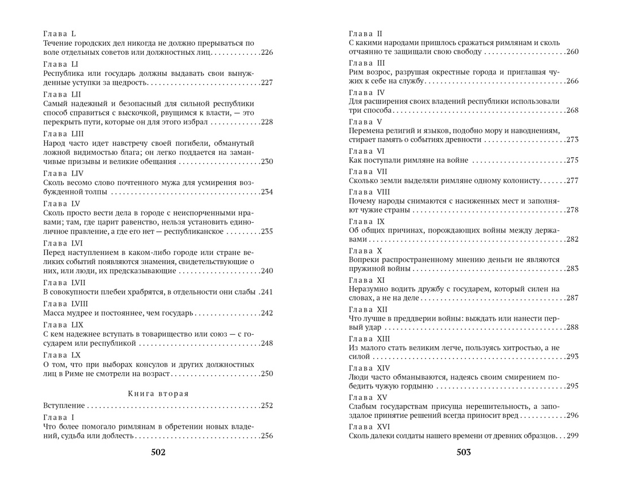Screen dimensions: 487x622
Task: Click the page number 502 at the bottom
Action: click(x=158, y=452)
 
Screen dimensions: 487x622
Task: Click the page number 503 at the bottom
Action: click(x=463, y=452)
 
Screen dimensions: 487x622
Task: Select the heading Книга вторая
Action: click(x=158, y=393)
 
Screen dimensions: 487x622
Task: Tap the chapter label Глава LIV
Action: click(x=63, y=173)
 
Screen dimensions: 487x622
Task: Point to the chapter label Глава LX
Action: click(x=61, y=355)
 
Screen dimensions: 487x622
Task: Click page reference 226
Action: click(x=266, y=53)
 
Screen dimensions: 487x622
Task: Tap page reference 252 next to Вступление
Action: click(x=266, y=406)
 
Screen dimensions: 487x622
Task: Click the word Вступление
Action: click(x=64, y=406)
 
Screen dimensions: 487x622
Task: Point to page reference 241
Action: click(x=266, y=292)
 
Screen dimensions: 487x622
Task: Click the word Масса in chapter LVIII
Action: click(x=55, y=313)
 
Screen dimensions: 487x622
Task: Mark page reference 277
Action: click(x=572, y=180)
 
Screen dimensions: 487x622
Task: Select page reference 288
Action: click(x=572, y=327)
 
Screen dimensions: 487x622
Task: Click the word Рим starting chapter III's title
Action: click(x=356, y=72)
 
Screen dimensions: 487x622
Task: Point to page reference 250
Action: click(x=266, y=373)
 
